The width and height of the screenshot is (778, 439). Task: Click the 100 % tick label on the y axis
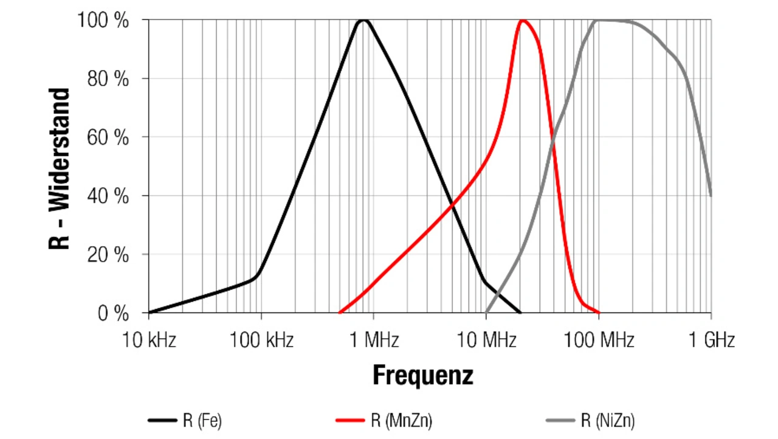point(103,20)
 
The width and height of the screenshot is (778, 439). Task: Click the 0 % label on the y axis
point(113,314)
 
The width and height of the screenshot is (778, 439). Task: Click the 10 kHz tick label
point(149,340)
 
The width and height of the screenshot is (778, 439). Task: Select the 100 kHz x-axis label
point(261,340)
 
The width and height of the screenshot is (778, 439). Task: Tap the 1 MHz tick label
point(374,340)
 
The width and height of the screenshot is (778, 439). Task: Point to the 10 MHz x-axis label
point(486,340)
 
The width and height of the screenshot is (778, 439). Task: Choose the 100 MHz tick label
point(599,340)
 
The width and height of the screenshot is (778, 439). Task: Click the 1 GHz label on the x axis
point(711,340)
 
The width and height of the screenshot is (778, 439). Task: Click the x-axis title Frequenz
point(422,375)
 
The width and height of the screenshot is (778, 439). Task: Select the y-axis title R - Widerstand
point(60,168)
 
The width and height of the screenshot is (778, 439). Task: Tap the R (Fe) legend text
point(202,420)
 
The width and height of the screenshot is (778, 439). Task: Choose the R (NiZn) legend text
point(608,420)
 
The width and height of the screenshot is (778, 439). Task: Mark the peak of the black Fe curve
point(363,20)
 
